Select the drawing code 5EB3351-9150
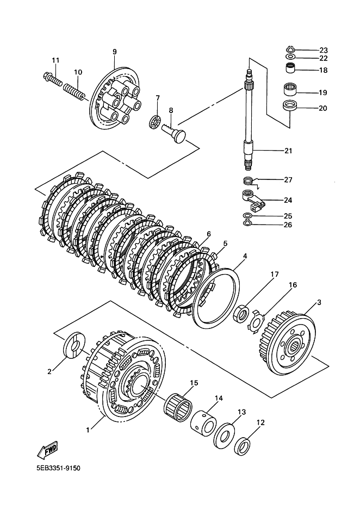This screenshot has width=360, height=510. (58, 468)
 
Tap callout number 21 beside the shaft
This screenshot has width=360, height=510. (288, 151)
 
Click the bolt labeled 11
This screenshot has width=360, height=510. (52, 79)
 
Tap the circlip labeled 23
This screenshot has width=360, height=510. (290, 49)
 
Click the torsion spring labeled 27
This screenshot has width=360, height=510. (250, 181)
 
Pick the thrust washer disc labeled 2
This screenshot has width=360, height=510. (74, 345)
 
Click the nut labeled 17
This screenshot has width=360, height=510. (241, 313)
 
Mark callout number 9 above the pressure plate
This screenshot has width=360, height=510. (115, 52)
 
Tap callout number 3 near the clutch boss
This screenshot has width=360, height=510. (319, 302)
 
